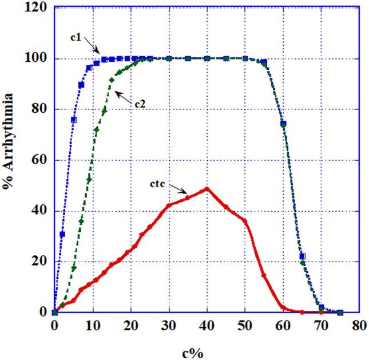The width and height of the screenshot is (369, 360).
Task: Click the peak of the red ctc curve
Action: [x=207, y=188]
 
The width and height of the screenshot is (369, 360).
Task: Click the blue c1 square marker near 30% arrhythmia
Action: [x=62, y=234]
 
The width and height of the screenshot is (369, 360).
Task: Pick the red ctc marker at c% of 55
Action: [x=264, y=275]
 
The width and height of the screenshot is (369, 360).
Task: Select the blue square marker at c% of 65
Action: [x=303, y=256]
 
